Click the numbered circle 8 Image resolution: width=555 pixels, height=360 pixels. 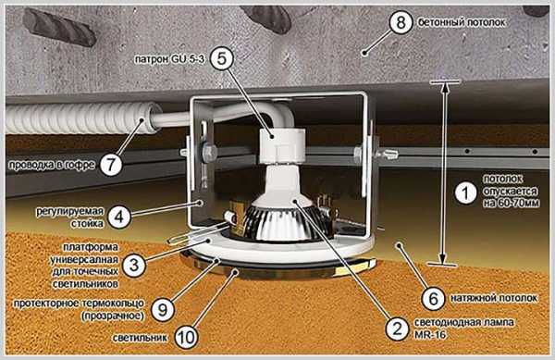point(401,22)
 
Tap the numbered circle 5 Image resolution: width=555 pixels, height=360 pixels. point(222,58)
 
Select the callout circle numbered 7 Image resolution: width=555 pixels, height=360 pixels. point(111,164)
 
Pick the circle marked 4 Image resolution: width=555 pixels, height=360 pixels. point(119,217)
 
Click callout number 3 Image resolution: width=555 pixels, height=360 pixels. point(134,265)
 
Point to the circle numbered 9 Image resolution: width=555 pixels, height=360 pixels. point(163,310)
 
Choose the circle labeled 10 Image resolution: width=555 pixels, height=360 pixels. point(186,338)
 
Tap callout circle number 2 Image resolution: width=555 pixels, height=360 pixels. point(397,329)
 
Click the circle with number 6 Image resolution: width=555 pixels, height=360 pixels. point(434,298)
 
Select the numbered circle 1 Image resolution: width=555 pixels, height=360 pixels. point(466,192)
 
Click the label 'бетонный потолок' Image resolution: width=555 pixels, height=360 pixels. point(462,22)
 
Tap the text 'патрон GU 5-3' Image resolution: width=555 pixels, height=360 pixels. point(169,59)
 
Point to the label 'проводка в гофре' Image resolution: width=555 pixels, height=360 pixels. point(52,165)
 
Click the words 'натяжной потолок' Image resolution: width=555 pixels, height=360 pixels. point(494,298)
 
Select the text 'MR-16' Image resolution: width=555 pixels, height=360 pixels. point(430,334)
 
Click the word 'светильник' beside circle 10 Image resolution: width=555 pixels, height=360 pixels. point(140,338)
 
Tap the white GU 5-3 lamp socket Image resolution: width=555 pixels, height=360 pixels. point(282,145)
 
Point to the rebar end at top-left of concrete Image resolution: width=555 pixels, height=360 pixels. point(59,27)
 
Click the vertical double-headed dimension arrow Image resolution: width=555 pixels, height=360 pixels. point(444,173)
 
